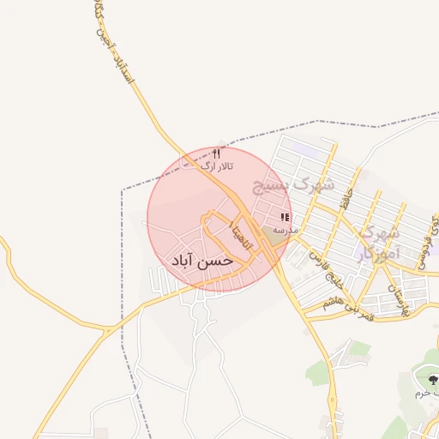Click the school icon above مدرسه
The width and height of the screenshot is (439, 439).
(x=285, y=218)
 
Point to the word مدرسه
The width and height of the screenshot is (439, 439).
(x=286, y=231)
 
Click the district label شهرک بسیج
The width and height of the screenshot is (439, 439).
(x=293, y=184)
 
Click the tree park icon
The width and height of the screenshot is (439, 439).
(x=431, y=379)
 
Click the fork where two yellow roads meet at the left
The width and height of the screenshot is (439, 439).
(x=108, y=328)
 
